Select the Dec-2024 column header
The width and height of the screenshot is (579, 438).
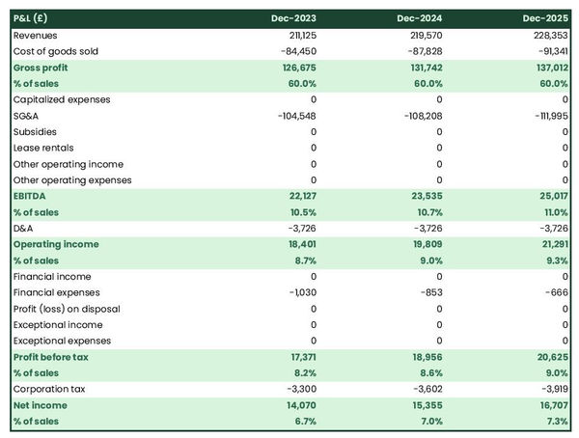coord(422,18)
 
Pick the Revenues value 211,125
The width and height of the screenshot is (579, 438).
coord(300,35)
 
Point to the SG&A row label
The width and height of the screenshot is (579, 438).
coord(27,116)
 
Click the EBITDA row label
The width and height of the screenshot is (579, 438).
coord(30,196)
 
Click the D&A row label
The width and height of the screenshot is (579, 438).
coord(24,228)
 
